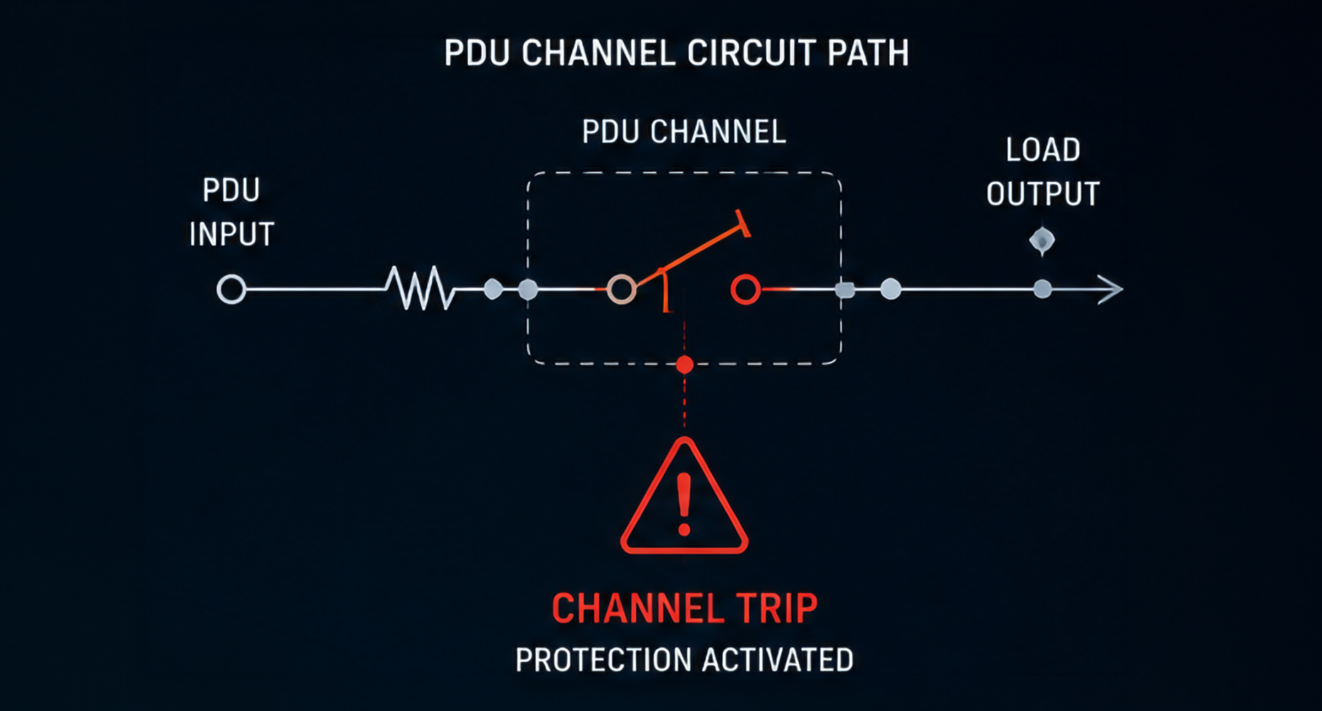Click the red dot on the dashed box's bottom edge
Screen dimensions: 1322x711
(x=684, y=365)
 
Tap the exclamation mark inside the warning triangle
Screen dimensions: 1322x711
(x=684, y=504)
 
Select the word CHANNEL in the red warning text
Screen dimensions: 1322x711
(x=638, y=609)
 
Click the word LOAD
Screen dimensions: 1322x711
(x=1043, y=150)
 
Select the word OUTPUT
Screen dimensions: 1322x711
(x=1043, y=194)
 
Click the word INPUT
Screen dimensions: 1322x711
(x=232, y=234)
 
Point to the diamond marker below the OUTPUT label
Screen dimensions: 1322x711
(x=1042, y=241)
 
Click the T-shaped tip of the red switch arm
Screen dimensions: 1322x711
(x=743, y=223)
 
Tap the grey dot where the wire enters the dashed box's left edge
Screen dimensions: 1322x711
(x=528, y=289)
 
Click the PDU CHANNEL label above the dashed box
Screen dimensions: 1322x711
(x=684, y=132)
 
